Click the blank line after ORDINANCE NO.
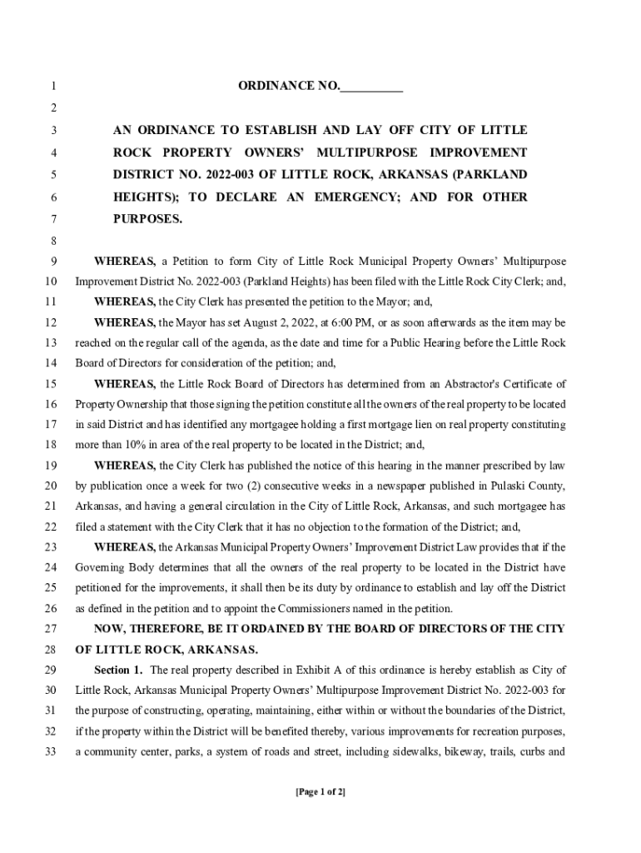(x=371, y=87)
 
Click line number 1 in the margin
(x=53, y=87)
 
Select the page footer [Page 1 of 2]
(x=320, y=791)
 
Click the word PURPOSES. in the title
(x=147, y=219)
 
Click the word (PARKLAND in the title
(x=489, y=175)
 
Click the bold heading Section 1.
(x=118, y=671)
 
